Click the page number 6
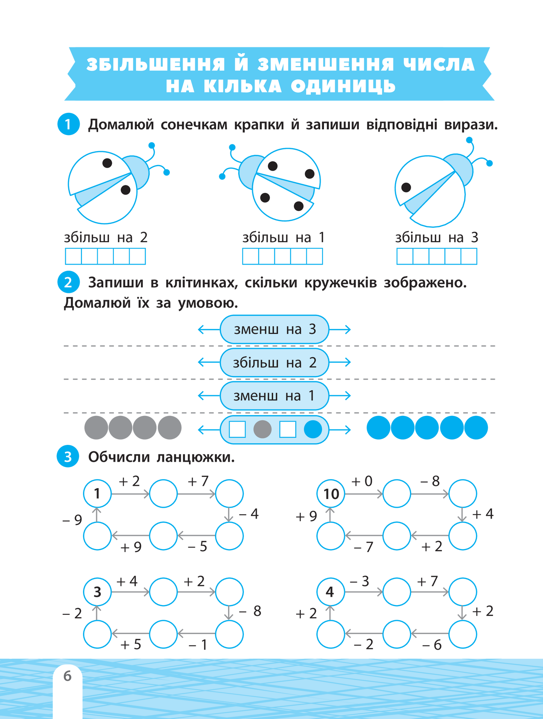(67, 676)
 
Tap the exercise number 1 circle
(68, 124)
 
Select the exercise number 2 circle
(68, 282)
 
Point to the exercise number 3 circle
(68, 457)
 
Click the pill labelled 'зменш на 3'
(274, 329)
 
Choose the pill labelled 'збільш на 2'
(274, 363)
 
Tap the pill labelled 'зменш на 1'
(274, 396)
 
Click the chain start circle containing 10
(331, 493)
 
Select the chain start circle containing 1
(97, 493)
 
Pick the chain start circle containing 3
(97, 592)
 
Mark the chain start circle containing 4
(331, 592)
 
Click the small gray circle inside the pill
(262, 429)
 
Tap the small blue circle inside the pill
(313, 429)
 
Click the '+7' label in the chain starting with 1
(198, 481)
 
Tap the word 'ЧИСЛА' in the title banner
(439, 65)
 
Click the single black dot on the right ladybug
(406, 187)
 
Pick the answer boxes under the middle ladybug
(283, 256)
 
